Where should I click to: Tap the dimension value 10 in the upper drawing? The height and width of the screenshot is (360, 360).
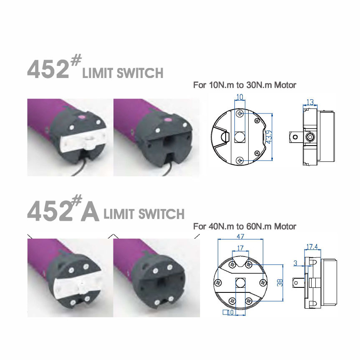point(239,98)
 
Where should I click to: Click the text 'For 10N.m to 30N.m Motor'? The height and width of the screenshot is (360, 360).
point(245,85)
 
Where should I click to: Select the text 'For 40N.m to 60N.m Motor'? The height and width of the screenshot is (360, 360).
point(245,227)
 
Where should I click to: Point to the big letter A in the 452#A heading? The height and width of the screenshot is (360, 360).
point(90,212)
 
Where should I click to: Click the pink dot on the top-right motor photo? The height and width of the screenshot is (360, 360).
point(168,120)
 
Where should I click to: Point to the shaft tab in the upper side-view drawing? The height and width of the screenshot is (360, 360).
point(295,136)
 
